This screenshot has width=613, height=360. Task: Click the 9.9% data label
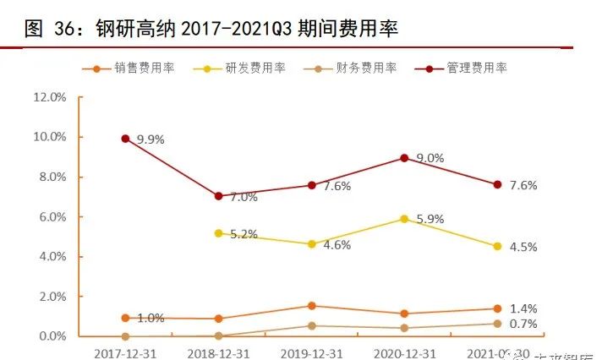pos(150,140)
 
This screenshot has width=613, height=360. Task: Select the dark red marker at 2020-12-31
pos(404,158)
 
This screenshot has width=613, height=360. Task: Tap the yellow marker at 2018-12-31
pos(218,232)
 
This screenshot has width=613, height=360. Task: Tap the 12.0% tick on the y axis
pos(49,97)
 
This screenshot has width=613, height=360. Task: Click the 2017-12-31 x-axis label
pos(124,349)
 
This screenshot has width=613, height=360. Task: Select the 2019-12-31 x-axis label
pos(311,349)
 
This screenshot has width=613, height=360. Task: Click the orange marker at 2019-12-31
pos(311,306)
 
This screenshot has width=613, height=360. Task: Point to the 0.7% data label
pos(523,324)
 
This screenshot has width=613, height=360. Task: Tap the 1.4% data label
pos(523,308)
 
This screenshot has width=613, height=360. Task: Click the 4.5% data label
pos(523,248)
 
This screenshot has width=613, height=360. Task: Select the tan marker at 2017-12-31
pos(125,336)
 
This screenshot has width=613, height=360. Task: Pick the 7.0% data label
pos(244,198)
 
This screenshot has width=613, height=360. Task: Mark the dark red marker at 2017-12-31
pos(125,139)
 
